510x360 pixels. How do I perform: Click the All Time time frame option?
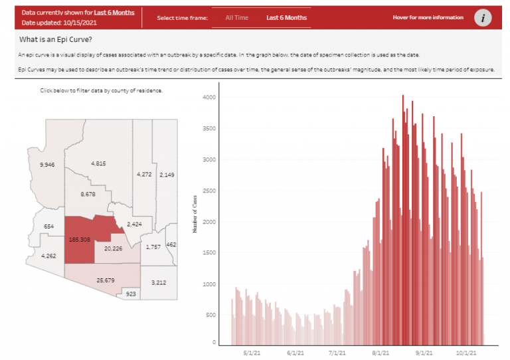click(236, 17)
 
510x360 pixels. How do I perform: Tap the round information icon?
click(483, 18)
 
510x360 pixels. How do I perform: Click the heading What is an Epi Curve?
click(56, 39)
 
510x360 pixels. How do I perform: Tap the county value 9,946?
click(48, 164)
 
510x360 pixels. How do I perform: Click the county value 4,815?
click(98, 163)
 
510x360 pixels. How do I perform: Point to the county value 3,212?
click(158, 282)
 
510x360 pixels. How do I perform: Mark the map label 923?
click(131, 293)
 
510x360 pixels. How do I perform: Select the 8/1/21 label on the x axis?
click(381, 353)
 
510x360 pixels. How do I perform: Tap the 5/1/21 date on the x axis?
click(251, 353)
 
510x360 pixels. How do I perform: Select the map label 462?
click(171, 245)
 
